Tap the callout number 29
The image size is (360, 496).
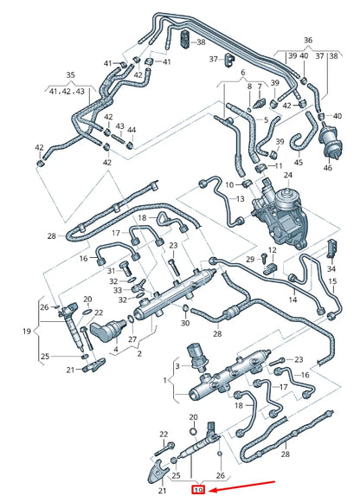pyautogui.click(x=250, y=259)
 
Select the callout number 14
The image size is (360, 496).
pyautogui.click(x=292, y=300)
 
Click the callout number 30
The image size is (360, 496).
pyautogui.click(x=184, y=323)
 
